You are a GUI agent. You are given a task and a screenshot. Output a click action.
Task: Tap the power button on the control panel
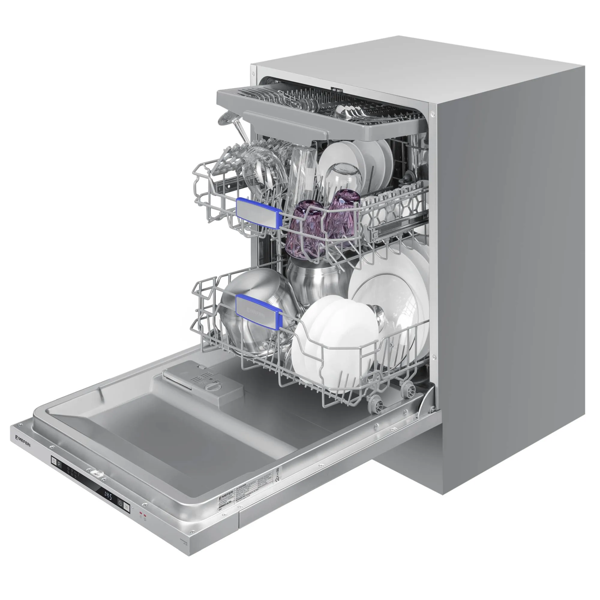coord(54,461)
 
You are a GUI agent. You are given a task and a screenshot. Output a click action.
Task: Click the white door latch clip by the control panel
coord(97,474)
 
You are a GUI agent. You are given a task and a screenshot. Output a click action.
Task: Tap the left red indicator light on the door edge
coord(140,513)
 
